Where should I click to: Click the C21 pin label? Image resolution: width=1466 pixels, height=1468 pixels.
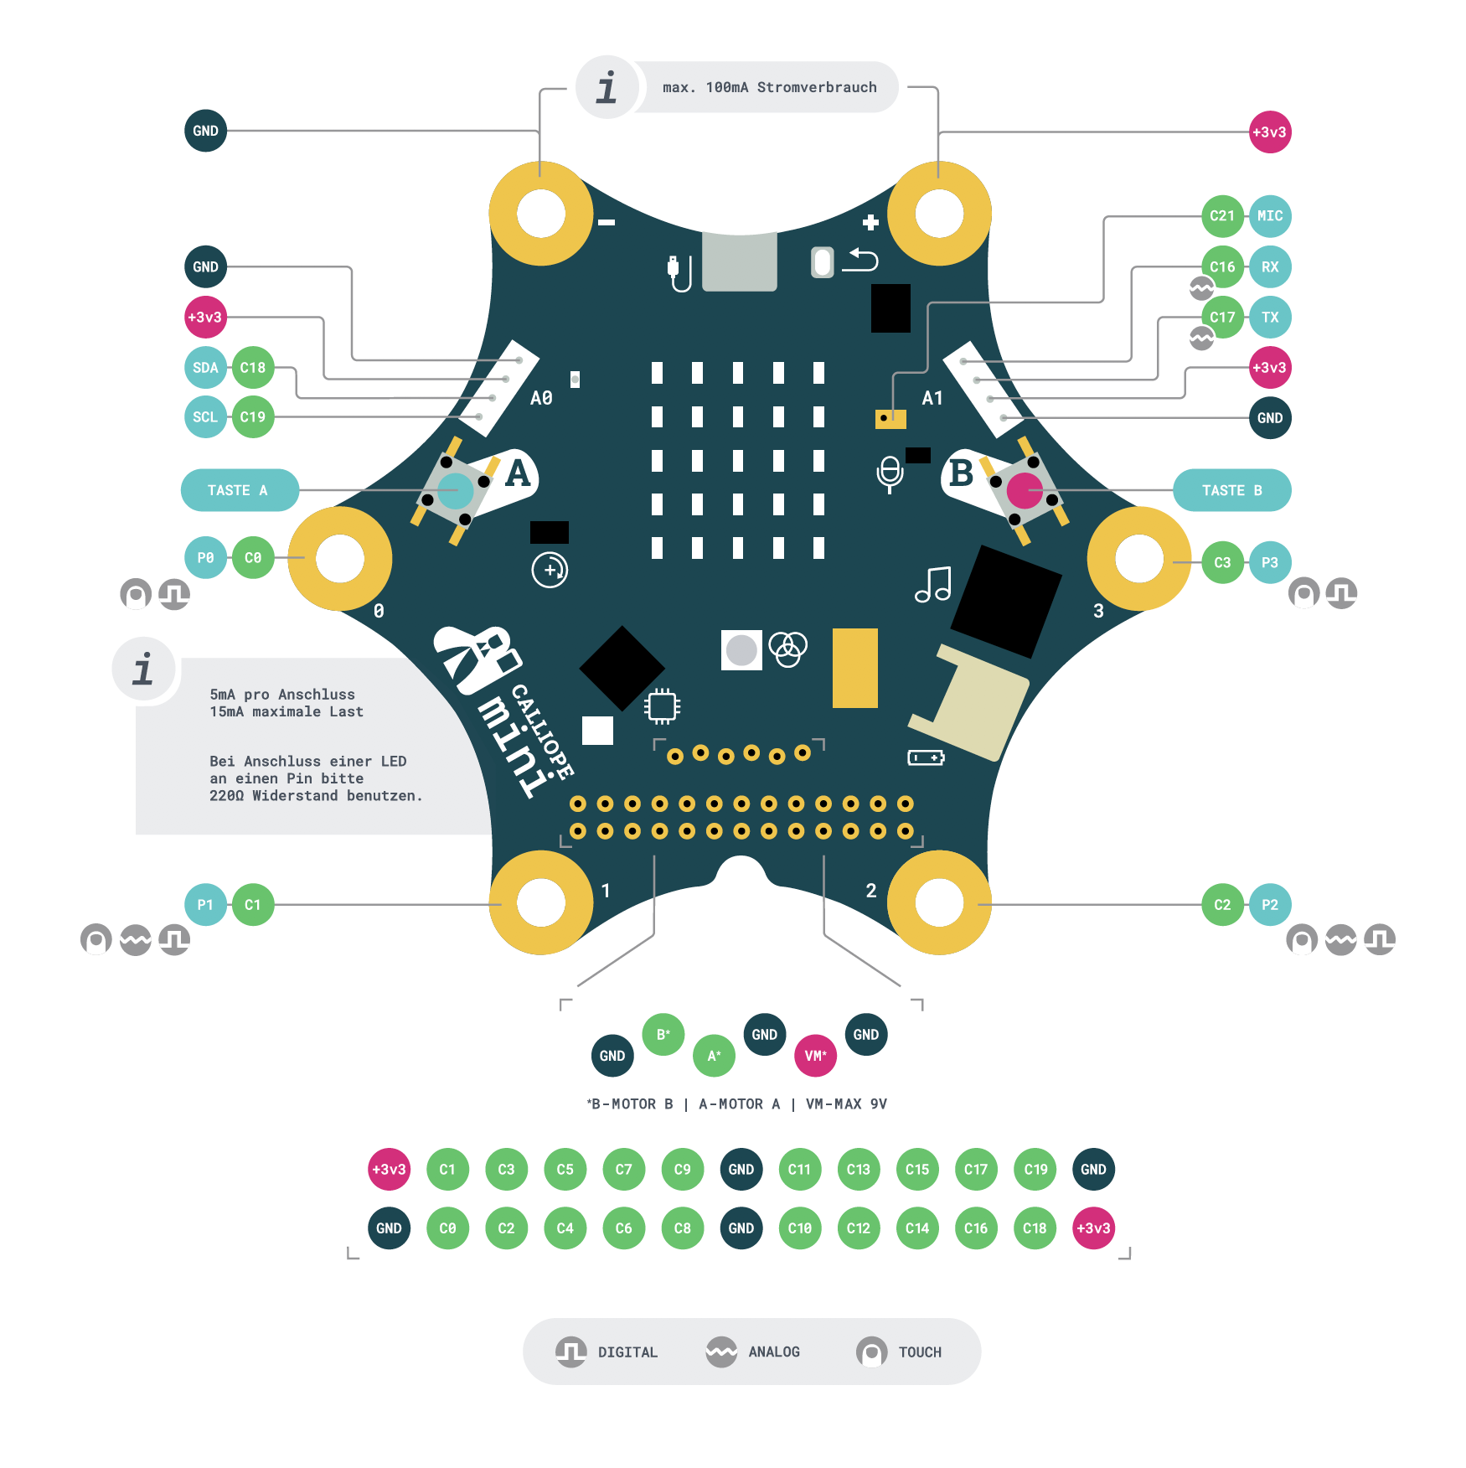point(1221,216)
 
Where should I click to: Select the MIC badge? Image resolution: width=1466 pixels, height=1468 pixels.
point(1269,216)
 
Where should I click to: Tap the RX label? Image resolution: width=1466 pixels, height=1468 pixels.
point(1269,267)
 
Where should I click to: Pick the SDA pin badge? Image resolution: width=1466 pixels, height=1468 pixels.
point(205,368)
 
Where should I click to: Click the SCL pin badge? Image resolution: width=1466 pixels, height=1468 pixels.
point(205,417)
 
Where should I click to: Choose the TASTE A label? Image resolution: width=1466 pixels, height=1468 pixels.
point(239,490)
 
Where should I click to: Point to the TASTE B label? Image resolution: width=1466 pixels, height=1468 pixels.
point(1231,490)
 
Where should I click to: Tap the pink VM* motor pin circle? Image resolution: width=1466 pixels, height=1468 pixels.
point(815,1056)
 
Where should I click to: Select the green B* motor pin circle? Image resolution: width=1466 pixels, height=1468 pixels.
point(663,1035)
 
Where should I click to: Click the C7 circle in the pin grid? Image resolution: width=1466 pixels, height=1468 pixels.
point(623,1170)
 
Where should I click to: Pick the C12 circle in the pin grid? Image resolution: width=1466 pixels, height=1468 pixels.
point(858,1228)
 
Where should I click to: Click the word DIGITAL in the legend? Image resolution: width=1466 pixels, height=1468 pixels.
point(627,1352)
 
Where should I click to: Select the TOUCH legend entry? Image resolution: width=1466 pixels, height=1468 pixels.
point(919,1352)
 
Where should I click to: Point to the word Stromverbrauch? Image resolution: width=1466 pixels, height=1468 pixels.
point(817,87)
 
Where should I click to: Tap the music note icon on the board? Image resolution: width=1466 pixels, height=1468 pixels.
point(933,584)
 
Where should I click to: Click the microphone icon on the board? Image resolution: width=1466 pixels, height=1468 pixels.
point(890,473)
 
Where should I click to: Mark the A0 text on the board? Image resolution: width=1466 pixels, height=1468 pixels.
point(541,398)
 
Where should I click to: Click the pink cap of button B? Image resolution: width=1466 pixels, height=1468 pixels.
point(1024,491)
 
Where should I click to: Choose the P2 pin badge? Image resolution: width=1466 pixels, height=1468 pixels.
point(1269,905)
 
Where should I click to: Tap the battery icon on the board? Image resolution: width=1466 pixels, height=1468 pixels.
point(926,757)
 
